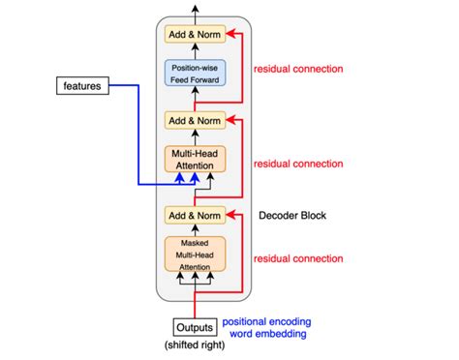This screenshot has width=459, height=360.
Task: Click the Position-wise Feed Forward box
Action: [196, 75]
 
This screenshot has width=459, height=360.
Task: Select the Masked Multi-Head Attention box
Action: [196, 253]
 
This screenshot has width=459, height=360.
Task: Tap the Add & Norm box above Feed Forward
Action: [196, 35]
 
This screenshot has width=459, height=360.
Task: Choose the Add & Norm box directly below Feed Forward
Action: [196, 120]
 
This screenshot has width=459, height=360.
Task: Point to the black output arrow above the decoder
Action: [196, 10]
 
